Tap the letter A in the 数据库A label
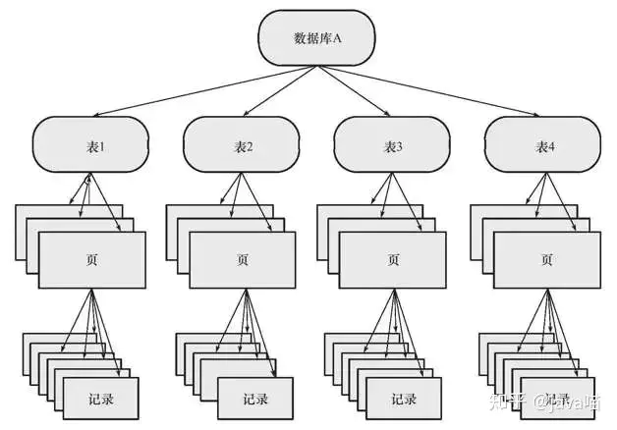tap(337, 39)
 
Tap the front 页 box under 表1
tap(92, 260)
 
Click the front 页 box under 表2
tap(243, 260)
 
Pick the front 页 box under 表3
tap(393, 260)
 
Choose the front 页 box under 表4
tap(546, 260)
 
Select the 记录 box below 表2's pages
tap(253, 399)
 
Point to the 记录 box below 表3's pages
tap(403, 399)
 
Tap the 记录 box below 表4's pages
tap(556, 399)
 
